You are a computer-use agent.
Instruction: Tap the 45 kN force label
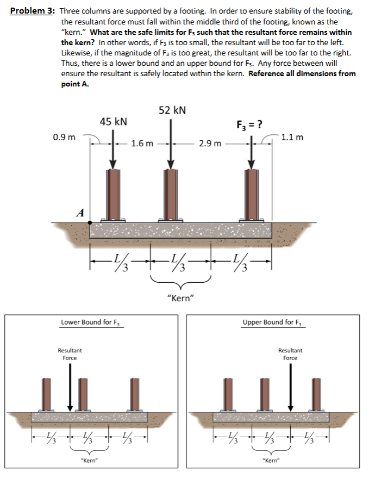114,122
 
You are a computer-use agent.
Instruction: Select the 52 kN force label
172,110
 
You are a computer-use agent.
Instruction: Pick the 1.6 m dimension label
142,144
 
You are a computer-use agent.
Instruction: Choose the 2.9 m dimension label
210,144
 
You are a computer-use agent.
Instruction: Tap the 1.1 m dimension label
292,136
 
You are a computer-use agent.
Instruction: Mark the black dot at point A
90,222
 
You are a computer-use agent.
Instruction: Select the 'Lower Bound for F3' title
92,322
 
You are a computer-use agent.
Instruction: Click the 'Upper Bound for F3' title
274,322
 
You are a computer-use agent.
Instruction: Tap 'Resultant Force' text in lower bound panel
70,354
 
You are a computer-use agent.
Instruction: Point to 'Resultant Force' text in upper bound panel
290,354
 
